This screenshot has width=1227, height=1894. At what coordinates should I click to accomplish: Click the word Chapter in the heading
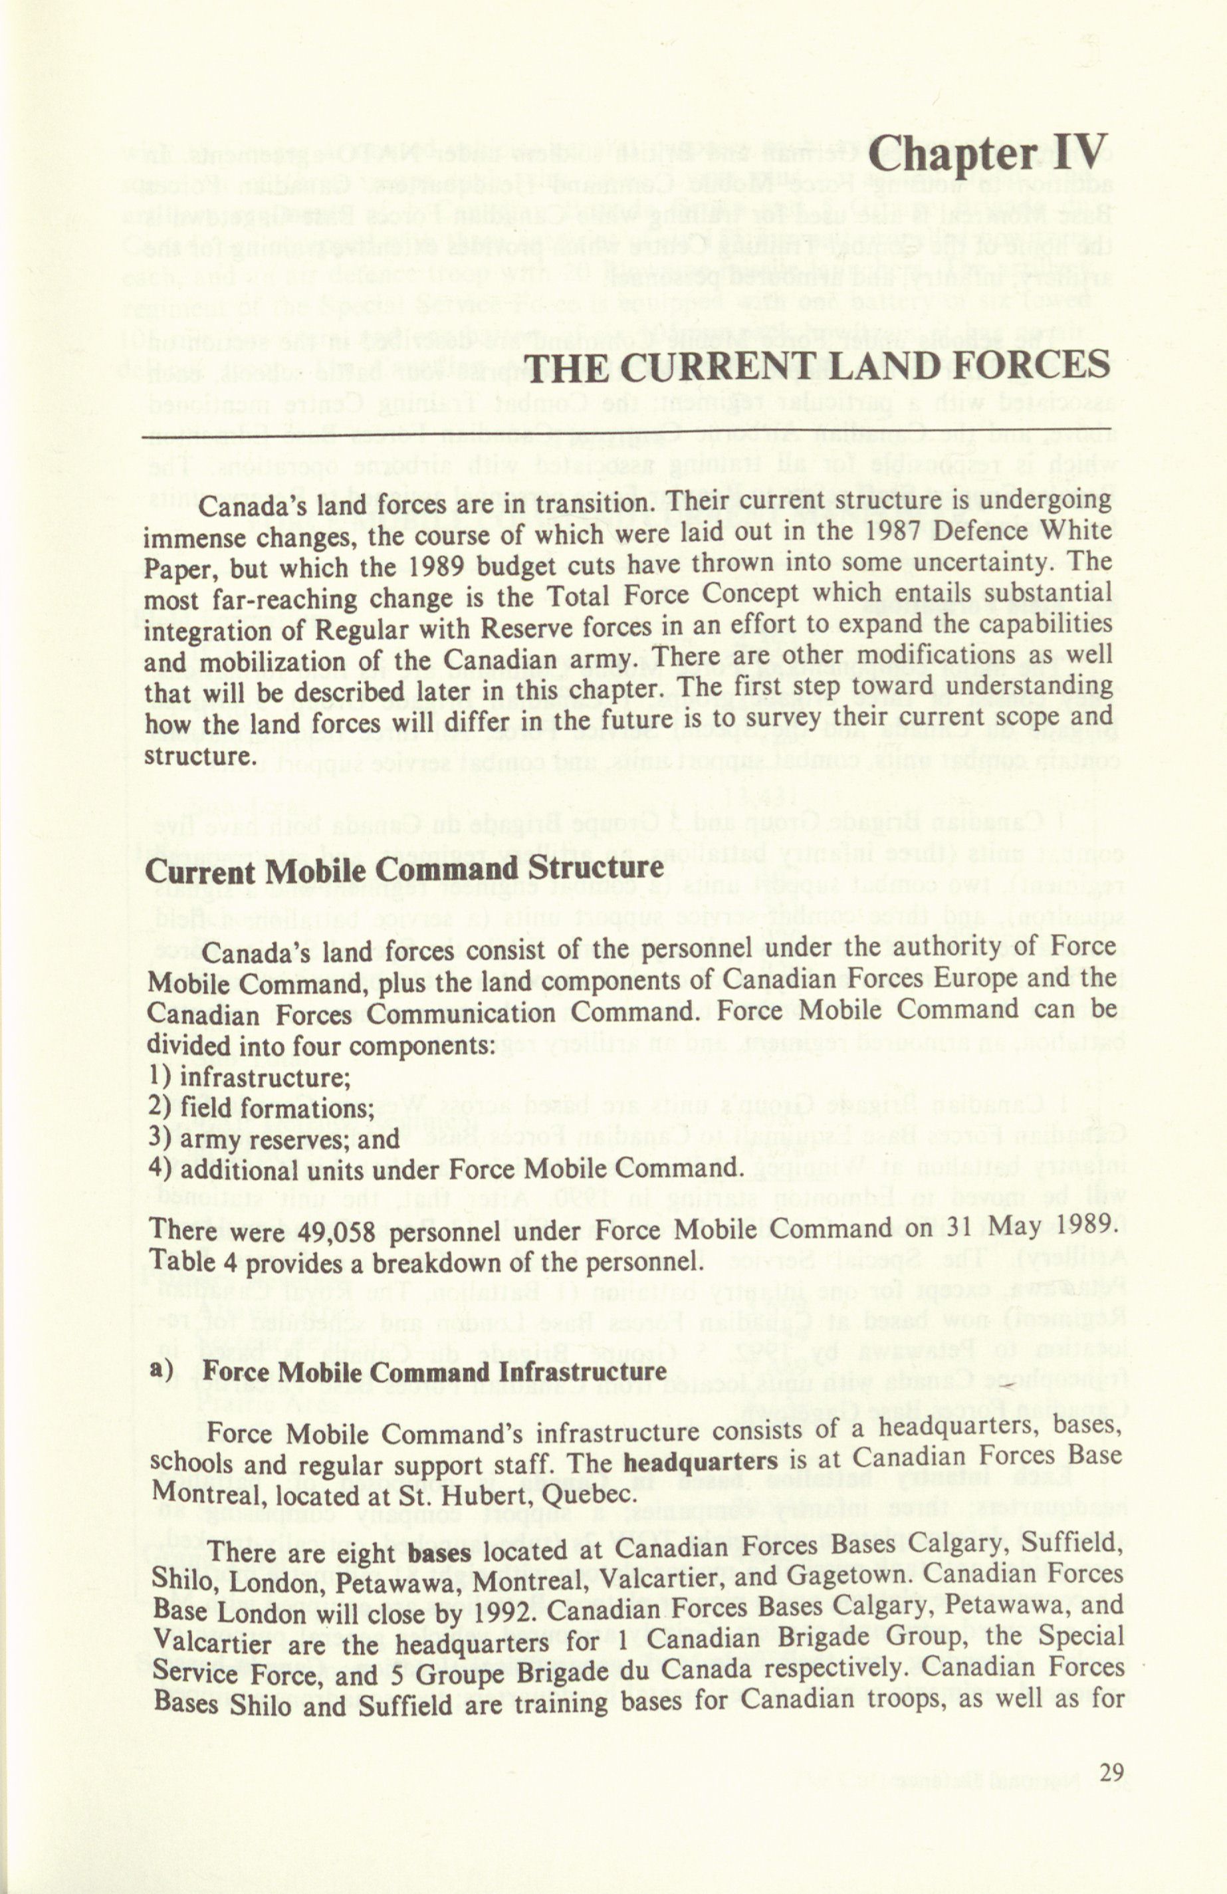(x=953, y=153)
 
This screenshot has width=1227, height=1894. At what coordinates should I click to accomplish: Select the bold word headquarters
(x=700, y=1462)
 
